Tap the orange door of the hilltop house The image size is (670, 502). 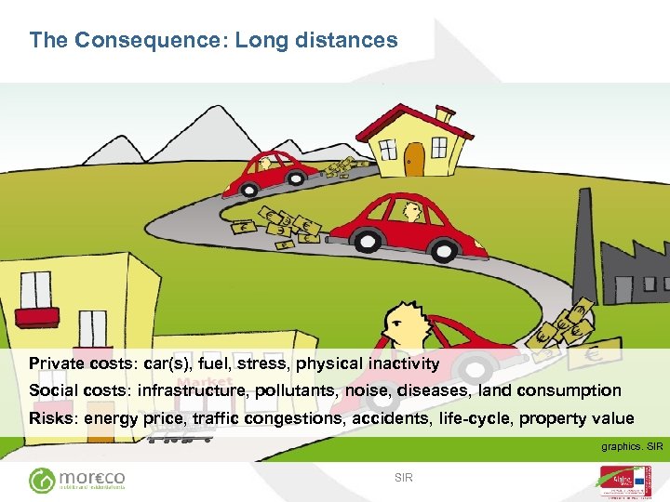coord(414,160)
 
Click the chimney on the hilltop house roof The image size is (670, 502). coord(445,115)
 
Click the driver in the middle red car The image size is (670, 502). coord(410,213)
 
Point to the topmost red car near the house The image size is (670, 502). coord(271,173)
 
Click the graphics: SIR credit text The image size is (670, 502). coord(631,447)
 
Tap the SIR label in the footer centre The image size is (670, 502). coord(403,478)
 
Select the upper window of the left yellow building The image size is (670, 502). coord(36,289)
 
